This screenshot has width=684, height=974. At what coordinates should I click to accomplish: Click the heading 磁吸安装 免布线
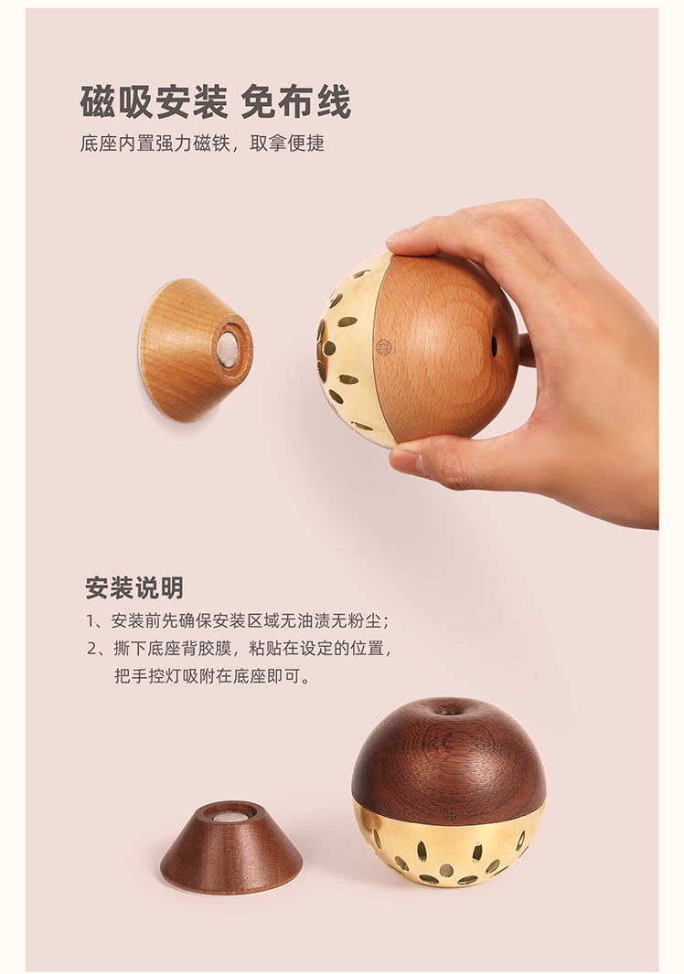coord(215,101)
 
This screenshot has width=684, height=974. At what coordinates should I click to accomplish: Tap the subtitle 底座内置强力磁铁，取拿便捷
coord(202,143)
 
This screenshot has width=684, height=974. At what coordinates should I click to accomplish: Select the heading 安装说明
coord(134,587)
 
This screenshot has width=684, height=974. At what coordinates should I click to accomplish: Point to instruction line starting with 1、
coord(238,620)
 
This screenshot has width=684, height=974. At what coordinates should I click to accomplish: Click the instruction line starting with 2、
coord(240,648)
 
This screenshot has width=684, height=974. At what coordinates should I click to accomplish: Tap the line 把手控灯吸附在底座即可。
coord(212,675)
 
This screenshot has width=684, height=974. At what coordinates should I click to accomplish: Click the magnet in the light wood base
coord(227,347)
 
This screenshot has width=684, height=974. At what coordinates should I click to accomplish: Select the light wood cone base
coord(196,350)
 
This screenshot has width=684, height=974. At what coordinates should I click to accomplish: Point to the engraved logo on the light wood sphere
coord(384,347)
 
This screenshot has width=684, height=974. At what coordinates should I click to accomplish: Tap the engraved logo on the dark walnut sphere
coord(449,814)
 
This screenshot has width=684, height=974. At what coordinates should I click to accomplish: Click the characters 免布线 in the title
coord(295,101)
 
